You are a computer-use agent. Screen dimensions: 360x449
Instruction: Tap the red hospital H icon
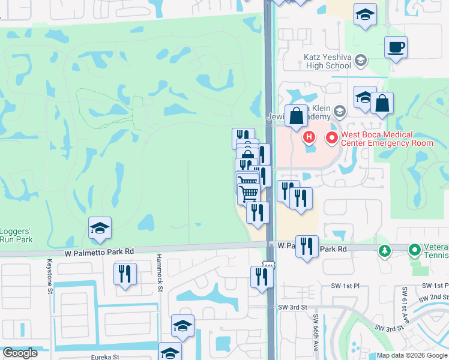(x=309, y=137)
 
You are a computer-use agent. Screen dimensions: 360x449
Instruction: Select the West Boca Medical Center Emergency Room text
(x=387, y=139)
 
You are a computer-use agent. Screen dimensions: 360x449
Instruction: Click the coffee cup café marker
(x=396, y=47)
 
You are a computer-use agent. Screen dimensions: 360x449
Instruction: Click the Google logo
(x=19, y=353)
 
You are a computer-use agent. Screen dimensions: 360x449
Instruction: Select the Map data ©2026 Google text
(x=412, y=355)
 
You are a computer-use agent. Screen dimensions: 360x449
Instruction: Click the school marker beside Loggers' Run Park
(x=100, y=228)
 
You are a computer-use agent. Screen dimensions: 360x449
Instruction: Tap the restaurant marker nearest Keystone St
(x=125, y=274)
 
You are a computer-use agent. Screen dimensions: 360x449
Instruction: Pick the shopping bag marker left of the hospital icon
(x=296, y=115)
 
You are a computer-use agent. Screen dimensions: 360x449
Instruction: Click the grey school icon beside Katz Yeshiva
(x=360, y=60)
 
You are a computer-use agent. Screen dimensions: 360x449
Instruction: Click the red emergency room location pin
(x=331, y=138)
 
